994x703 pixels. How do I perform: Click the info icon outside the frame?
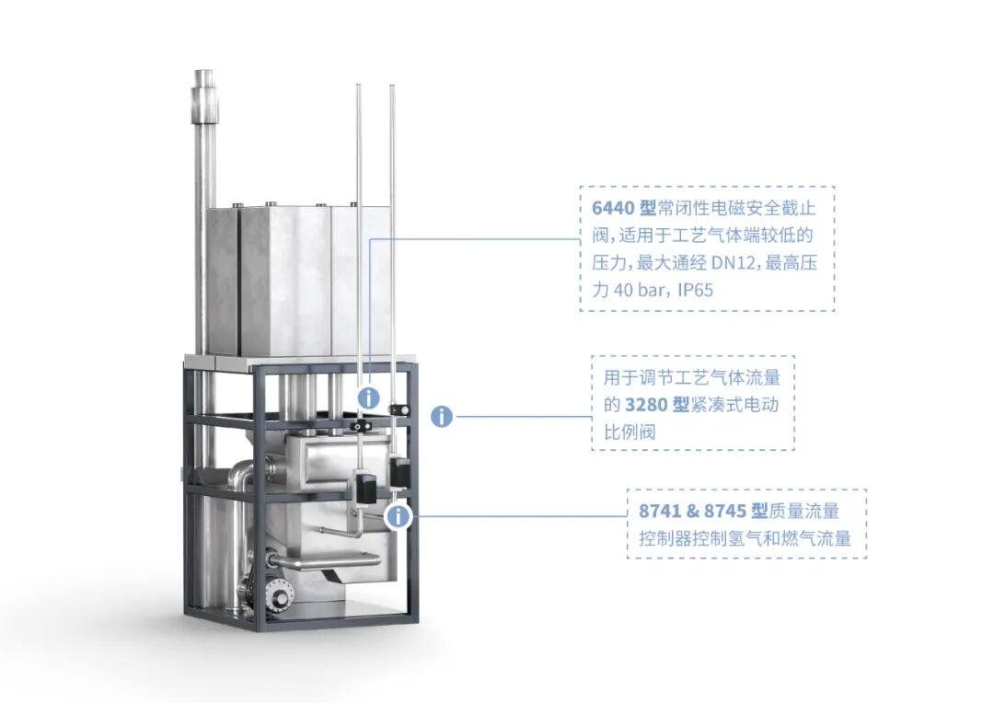tap(442, 416)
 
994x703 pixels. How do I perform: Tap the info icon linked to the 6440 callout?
tap(368, 398)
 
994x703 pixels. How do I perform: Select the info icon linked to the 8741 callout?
tap(398, 516)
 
